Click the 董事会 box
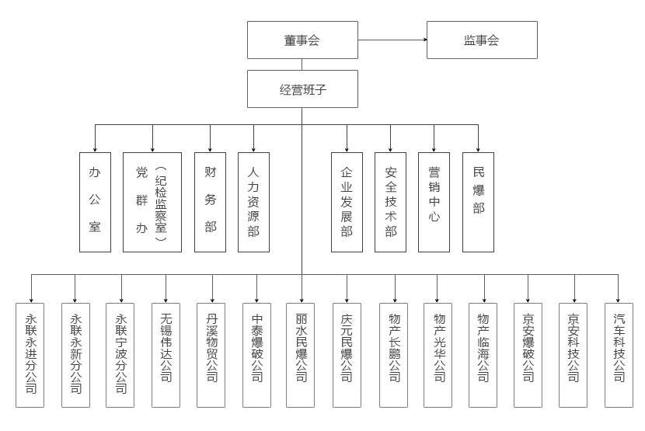pyautogui.click(x=302, y=40)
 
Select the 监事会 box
pyautogui.click(x=482, y=40)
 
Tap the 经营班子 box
pyautogui.click(x=302, y=89)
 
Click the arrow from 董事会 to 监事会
pyautogui.click(x=392, y=40)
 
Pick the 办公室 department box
pyautogui.click(x=95, y=203)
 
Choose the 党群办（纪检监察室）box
pyautogui.click(x=152, y=203)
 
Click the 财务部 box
pyautogui.click(x=210, y=203)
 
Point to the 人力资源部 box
pyautogui.click(x=253, y=203)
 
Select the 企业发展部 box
pyautogui.click(x=347, y=203)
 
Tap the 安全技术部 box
pyautogui.click(x=390, y=203)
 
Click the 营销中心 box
pyautogui.click(x=434, y=203)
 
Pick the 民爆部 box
pyautogui.click(x=478, y=203)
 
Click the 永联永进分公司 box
pyautogui.click(x=30, y=356)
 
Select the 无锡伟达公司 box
pyautogui.click(x=166, y=356)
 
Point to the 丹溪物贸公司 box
pyautogui.click(x=211, y=356)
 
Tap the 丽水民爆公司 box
pyautogui.click(x=300, y=356)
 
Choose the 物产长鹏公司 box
pyautogui.click(x=394, y=356)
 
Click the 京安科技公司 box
pyautogui.click(x=573, y=356)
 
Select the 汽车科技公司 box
pyautogui.click(x=619, y=356)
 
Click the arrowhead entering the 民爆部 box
pyautogui.click(x=478, y=150)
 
